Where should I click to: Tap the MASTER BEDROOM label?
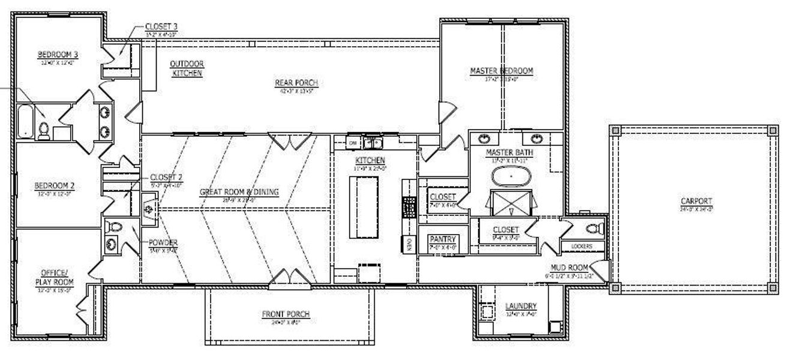pyautogui.click(x=501, y=71)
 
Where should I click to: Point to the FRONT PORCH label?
pyautogui.click(x=289, y=314)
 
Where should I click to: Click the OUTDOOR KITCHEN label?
pyautogui.click(x=187, y=68)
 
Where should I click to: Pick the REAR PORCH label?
pyautogui.click(x=296, y=83)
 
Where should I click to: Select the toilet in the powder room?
pyautogui.click(x=114, y=227)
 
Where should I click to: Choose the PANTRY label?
pyautogui.click(x=443, y=239)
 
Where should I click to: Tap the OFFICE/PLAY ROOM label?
pyautogui.click(x=57, y=277)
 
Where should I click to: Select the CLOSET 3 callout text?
pyautogui.click(x=161, y=27)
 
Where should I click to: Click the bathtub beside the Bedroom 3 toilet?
pyautogui.click(x=25, y=122)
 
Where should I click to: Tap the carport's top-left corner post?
pyautogui.click(x=615, y=131)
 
